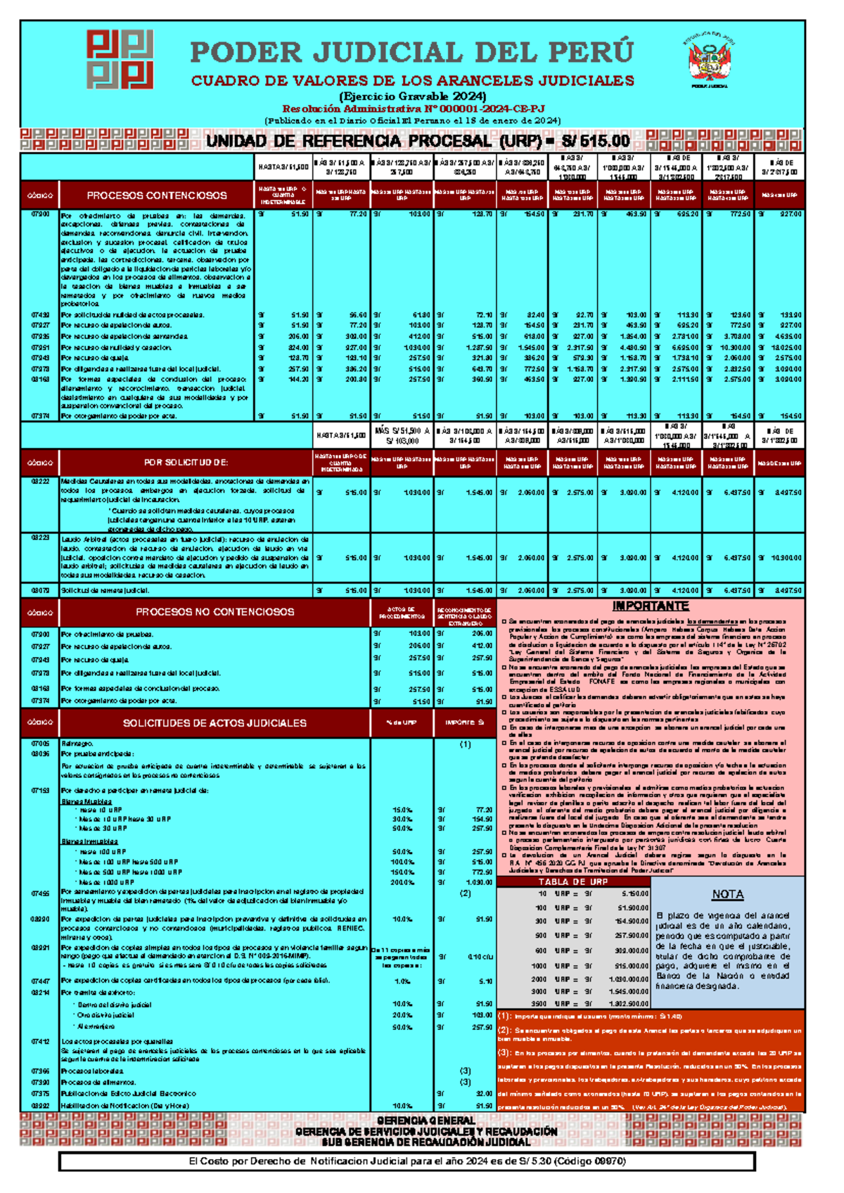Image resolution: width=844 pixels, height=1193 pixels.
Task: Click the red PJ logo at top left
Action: pos(120,59)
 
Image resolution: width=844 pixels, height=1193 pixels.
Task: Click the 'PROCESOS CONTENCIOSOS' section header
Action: pos(156,196)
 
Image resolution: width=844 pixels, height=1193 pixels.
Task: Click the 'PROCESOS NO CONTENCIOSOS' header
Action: pos(215,612)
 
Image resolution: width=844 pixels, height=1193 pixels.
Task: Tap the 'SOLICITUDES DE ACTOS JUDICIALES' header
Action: pos(215,723)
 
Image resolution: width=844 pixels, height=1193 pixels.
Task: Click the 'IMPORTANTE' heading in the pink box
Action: pos(650,606)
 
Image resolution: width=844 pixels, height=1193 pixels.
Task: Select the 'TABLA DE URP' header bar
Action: pos(573,882)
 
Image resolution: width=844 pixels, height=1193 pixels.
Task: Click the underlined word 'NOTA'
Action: pos(727,895)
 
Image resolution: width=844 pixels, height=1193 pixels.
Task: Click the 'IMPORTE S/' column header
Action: pos(464,723)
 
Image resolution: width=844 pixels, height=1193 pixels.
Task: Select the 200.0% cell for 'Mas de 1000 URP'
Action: pos(402,882)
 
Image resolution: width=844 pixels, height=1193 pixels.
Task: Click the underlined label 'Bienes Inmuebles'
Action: pos(89,841)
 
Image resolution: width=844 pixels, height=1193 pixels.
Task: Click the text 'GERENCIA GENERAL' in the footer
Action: pos(426,1121)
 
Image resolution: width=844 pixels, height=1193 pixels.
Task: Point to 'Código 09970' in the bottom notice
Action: pos(591,1161)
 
